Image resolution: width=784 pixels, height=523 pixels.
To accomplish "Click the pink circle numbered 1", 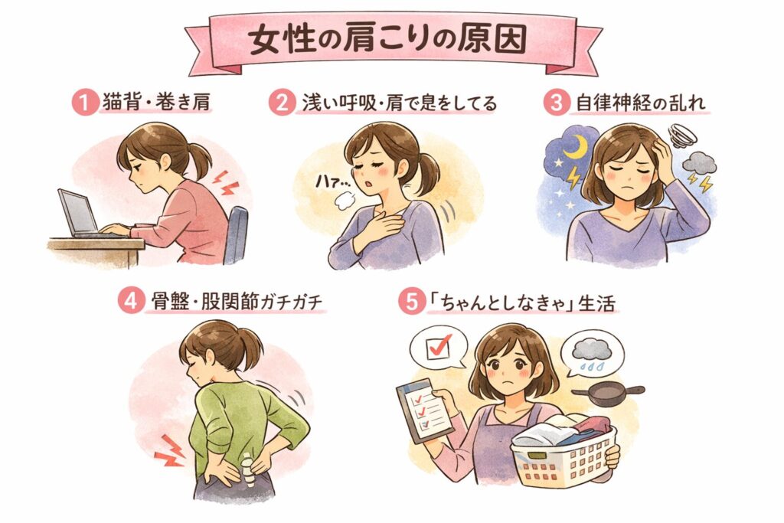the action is (x=84, y=103).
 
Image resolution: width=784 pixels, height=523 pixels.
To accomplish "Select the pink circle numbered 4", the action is (x=131, y=302).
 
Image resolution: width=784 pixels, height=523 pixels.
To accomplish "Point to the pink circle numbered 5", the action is (x=411, y=302).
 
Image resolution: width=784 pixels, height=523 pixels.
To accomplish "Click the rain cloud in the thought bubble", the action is (x=592, y=349).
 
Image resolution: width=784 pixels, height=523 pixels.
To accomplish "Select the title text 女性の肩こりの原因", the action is (x=388, y=40).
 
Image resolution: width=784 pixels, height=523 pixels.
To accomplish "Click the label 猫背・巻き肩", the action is (x=156, y=103).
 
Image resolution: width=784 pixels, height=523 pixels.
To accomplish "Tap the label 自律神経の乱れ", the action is (x=641, y=103).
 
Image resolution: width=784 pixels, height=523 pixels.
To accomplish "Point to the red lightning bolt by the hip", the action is (x=169, y=451).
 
